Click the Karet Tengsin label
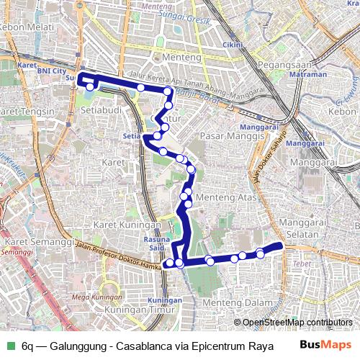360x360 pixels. [x=27, y=112]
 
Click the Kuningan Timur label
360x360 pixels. [x=136, y=310]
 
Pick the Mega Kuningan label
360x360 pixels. [x=96, y=297]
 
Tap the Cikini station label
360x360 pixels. [x=232, y=45]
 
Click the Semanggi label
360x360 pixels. [x=13, y=252]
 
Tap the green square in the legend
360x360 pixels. [x=10, y=346]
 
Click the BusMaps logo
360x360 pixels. [x=325, y=345]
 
